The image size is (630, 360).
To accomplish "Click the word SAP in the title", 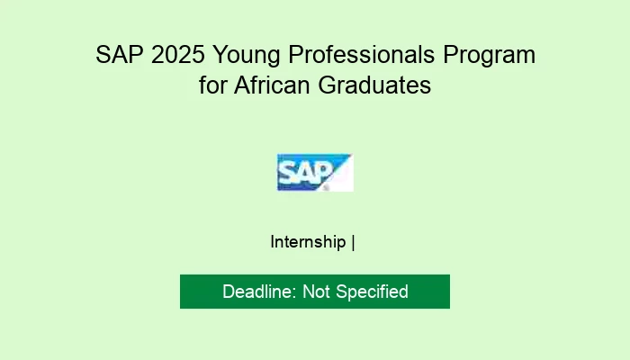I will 115,56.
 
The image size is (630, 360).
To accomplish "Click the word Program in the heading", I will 497,56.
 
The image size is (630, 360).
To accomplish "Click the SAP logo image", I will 315,172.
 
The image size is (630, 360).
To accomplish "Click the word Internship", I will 309,242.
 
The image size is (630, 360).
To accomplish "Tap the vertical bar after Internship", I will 354,242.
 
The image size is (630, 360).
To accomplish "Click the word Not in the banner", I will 316,292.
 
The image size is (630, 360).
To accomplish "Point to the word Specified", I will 372,292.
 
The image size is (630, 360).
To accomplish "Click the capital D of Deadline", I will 229,292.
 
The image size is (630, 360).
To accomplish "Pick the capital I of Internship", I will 273,242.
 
